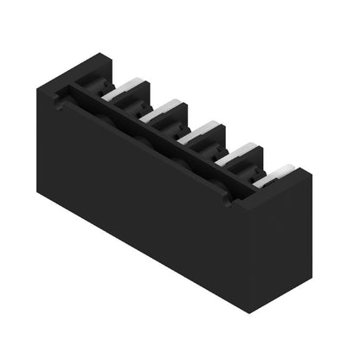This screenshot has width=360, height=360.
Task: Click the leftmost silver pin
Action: pyautogui.click(x=125, y=88)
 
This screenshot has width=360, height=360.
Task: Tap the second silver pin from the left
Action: pyautogui.click(x=164, y=109)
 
